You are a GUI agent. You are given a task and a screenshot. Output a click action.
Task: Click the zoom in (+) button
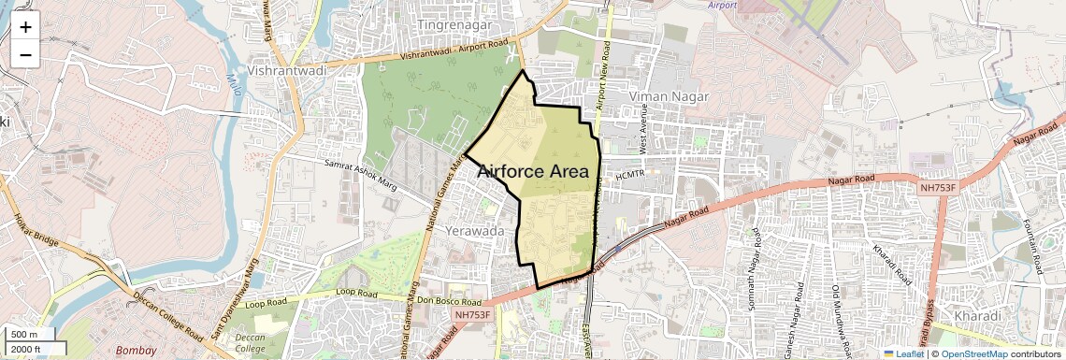tap(25, 27)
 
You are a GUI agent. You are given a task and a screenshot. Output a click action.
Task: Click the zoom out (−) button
tap(25, 55)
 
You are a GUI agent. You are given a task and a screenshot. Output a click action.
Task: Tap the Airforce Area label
tap(533, 172)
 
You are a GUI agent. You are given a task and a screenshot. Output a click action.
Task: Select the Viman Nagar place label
tap(669, 96)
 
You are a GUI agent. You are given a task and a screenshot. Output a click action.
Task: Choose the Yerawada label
tap(476, 230)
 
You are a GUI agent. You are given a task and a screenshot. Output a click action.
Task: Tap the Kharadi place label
tap(977, 316)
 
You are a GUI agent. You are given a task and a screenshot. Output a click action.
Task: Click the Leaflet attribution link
tap(903, 353)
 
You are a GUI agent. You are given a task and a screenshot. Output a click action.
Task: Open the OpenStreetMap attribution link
tap(974, 353)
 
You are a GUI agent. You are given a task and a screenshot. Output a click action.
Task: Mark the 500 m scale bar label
tap(24, 335)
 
